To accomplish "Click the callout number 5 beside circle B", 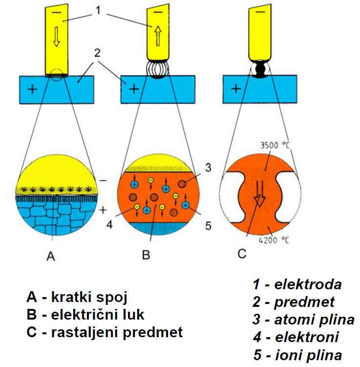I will (x=207, y=226).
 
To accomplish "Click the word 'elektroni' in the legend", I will (x=307, y=337).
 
